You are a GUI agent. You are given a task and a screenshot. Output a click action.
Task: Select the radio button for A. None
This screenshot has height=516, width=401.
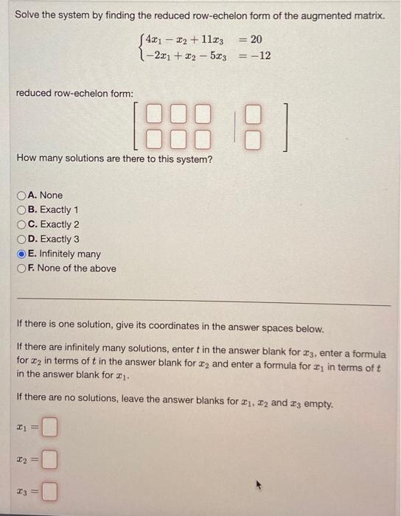pyautogui.click(x=21, y=195)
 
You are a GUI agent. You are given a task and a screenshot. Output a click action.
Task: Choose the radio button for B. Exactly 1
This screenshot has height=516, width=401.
pyautogui.click(x=21, y=210)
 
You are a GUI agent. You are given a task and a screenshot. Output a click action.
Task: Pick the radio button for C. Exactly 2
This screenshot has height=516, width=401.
pyautogui.click(x=21, y=225)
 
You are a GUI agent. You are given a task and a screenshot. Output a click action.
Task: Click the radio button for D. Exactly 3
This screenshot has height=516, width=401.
pyautogui.click(x=21, y=240)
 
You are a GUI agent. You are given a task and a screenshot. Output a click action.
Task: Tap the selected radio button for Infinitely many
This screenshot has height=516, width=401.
pyautogui.click(x=21, y=254)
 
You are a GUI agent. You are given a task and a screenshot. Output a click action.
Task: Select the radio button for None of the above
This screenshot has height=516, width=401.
pyautogui.click(x=21, y=269)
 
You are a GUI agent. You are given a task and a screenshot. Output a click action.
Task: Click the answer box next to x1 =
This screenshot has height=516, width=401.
pyautogui.click(x=49, y=426)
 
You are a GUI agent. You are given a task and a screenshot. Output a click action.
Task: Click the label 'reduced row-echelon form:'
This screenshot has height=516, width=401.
pyautogui.click(x=74, y=94)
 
